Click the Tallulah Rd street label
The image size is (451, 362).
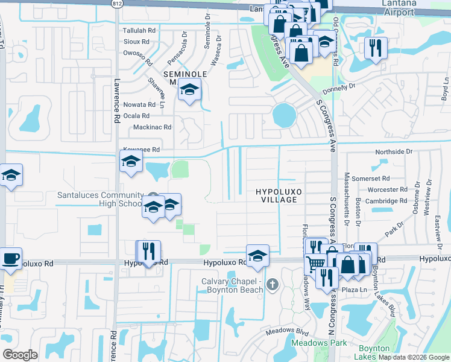[x=139, y=30]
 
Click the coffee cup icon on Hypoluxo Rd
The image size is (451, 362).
[x=10, y=258]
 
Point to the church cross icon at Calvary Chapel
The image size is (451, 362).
[x=273, y=284]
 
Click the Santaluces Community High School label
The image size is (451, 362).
[x=99, y=199]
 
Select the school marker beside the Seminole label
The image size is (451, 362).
[x=190, y=91]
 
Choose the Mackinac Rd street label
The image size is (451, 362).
[x=152, y=127]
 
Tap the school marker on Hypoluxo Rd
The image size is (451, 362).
[x=257, y=256]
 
